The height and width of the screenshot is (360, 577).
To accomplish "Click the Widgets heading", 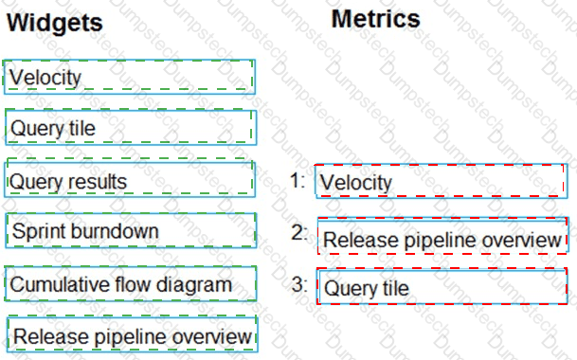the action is (54, 24).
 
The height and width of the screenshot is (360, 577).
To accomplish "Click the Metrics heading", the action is (376, 19).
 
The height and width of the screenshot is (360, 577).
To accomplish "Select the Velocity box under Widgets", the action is (130, 77).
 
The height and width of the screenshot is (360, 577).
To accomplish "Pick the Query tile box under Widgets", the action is (131, 127).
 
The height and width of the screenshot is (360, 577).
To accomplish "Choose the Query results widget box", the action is (130, 179).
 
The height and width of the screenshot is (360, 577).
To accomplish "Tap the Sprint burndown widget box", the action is (131, 230).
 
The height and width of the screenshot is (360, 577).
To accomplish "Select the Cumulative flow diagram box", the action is (131, 284).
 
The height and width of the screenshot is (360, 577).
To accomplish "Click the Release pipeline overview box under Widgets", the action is (133, 334).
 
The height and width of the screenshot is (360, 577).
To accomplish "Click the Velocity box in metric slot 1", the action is (442, 181).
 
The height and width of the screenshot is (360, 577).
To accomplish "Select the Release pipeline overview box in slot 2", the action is (443, 236).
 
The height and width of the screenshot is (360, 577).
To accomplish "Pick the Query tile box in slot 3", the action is (442, 286).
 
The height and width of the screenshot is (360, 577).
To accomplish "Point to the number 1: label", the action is (298, 180).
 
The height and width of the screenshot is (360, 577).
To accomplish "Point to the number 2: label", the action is (299, 233).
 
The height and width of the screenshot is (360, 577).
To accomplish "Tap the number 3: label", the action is (299, 284).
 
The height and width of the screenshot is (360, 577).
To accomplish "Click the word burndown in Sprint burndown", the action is (116, 231).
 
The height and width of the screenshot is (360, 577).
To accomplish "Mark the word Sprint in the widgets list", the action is (40, 232).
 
